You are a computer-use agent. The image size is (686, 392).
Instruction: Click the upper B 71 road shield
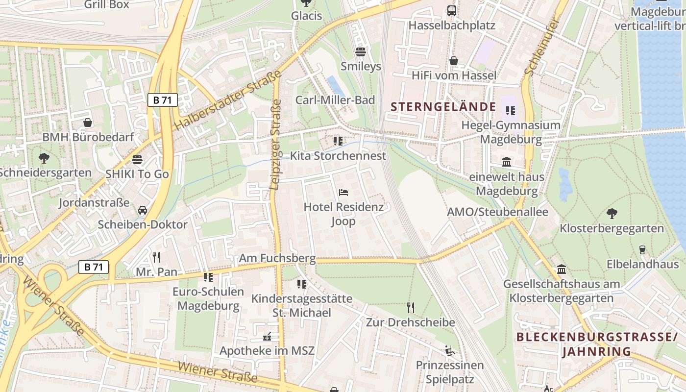162,100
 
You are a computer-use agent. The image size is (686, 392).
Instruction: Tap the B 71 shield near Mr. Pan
93,267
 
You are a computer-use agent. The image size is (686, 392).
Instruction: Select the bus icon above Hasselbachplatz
452,10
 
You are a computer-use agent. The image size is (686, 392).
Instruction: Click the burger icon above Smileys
361,51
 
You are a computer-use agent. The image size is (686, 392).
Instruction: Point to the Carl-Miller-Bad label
335,100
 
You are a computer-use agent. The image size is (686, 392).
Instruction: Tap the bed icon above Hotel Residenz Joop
343,193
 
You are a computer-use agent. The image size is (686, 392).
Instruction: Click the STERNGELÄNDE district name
443,106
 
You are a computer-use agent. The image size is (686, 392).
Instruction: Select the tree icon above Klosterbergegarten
612,213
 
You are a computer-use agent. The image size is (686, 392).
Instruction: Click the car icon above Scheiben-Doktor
143,210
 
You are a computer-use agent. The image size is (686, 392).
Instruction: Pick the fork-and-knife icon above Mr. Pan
156,257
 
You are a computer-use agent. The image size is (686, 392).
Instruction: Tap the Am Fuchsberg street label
277,258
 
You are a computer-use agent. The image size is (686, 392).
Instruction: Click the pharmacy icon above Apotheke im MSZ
267,337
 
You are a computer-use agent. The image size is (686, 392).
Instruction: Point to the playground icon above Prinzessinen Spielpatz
449,350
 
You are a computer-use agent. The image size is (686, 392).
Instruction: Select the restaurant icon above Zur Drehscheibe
411,308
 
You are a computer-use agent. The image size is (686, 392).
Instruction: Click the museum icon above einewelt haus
507,162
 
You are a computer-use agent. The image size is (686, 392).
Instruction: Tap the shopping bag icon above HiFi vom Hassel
454,61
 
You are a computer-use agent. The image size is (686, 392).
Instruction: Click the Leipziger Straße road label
276,145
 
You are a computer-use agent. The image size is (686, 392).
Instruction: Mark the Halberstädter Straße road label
227,100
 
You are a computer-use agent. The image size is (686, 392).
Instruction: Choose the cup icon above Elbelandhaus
642,250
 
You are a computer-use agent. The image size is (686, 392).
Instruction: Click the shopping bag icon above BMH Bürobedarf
88,122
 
